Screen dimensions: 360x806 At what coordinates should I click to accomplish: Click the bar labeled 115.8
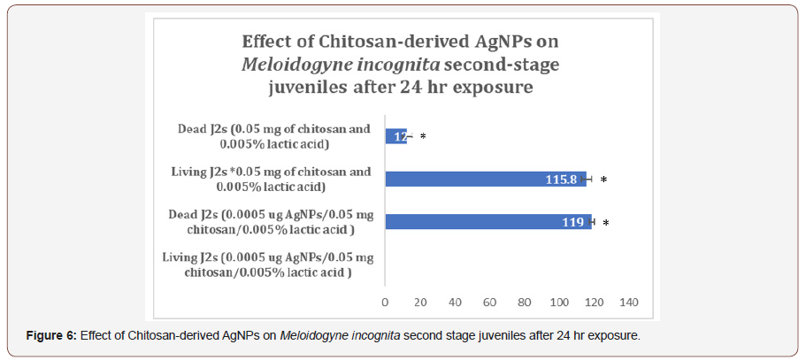(485, 179)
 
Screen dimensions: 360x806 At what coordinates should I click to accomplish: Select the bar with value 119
(487, 222)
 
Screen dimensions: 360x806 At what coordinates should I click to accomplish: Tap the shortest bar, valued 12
(395, 136)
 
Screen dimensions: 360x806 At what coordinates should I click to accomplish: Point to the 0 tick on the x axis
(385, 303)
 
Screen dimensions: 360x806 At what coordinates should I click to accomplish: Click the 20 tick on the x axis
(420, 303)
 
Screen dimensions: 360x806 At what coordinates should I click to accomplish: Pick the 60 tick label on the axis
(489, 303)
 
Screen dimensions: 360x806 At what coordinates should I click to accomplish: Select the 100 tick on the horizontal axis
(559, 303)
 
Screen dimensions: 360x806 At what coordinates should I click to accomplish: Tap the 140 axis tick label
(628, 303)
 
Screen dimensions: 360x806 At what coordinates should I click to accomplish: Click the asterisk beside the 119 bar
(606, 223)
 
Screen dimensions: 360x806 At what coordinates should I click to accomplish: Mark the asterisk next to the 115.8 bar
(603, 180)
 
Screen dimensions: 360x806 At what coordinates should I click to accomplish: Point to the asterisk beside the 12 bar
(423, 137)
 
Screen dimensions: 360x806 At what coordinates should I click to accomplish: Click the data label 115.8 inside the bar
(561, 180)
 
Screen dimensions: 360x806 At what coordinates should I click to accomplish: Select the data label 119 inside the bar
(572, 223)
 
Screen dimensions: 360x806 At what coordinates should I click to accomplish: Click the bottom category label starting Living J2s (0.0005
(269, 264)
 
